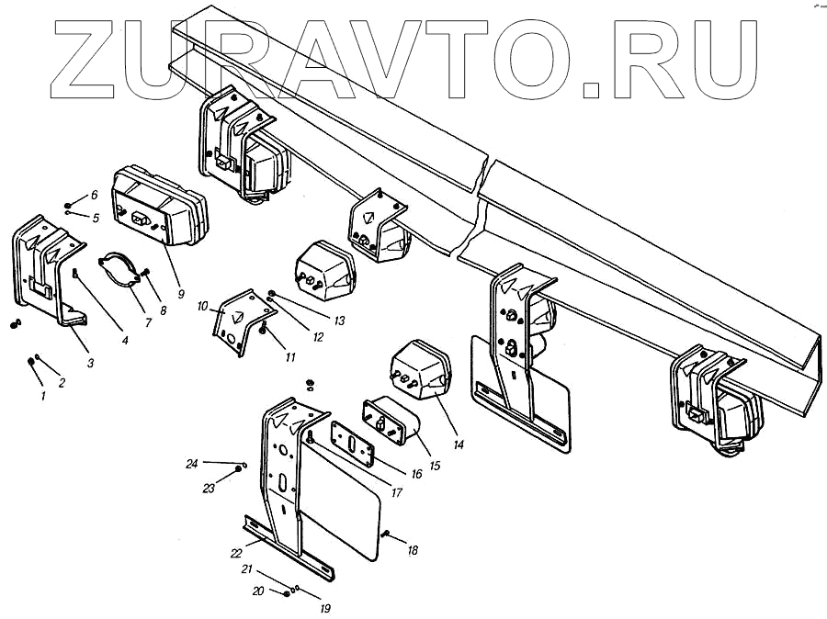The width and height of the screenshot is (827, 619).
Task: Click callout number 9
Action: point(181,295)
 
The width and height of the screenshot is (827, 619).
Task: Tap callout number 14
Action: point(459,445)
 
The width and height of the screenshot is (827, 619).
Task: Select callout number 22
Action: point(236,553)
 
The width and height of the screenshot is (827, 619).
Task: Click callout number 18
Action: point(413,550)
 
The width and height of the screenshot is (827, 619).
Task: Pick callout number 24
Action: point(192,464)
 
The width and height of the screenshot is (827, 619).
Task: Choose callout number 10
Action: point(203,306)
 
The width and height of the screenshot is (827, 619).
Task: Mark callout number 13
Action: point(339,321)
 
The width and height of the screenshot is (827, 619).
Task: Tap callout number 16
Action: point(416,474)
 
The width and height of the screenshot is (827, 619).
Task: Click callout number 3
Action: point(90,364)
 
